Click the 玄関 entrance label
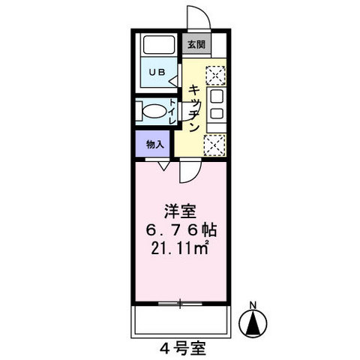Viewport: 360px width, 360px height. tap(196, 45)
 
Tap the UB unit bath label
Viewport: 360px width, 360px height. tap(157, 72)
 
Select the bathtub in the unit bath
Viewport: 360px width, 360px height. tap(159, 44)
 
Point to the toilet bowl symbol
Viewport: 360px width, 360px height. tap(153, 111)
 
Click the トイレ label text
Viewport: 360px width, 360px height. tap(172, 112)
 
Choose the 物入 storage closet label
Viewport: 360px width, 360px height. tap(155, 144)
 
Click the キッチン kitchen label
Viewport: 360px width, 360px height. tap(193, 108)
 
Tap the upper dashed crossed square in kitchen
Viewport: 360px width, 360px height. tap(215, 75)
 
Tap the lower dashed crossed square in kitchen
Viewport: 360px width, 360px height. tap(215, 145)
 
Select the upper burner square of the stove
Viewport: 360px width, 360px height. tap(216, 96)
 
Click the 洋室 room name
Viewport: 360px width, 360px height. tap(180, 211)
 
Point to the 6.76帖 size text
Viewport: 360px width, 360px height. tap(181, 230)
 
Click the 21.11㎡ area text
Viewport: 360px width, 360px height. tap(180, 248)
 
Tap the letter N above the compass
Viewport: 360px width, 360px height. tap(253, 305)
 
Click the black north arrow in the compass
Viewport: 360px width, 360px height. tap(253, 323)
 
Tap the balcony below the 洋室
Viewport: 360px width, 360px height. tap(181, 321)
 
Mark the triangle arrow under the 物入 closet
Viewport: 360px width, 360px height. tap(163, 166)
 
